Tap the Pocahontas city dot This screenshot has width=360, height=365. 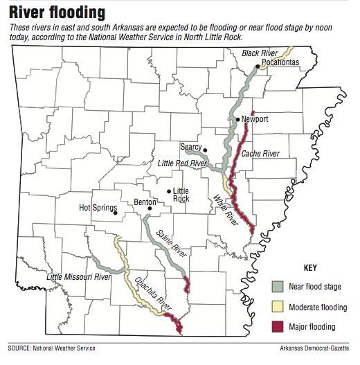coord(257,66)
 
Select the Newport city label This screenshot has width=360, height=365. coord(255,119)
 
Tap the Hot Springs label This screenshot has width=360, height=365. coord(96,207)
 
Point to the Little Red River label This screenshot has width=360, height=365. coord(182,163)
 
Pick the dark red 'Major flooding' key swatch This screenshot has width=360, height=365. coord(277,326)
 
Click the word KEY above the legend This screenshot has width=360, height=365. coord(310,267)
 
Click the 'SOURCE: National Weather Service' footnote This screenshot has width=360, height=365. coord(52,348)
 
